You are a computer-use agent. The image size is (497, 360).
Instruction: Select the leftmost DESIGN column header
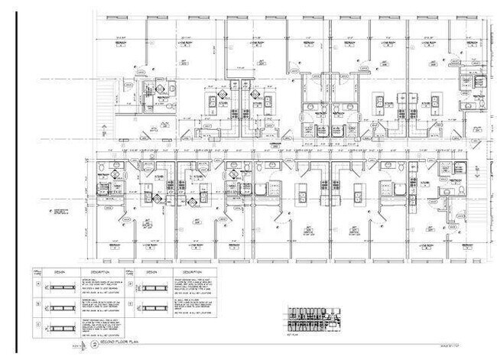[58, 271]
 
